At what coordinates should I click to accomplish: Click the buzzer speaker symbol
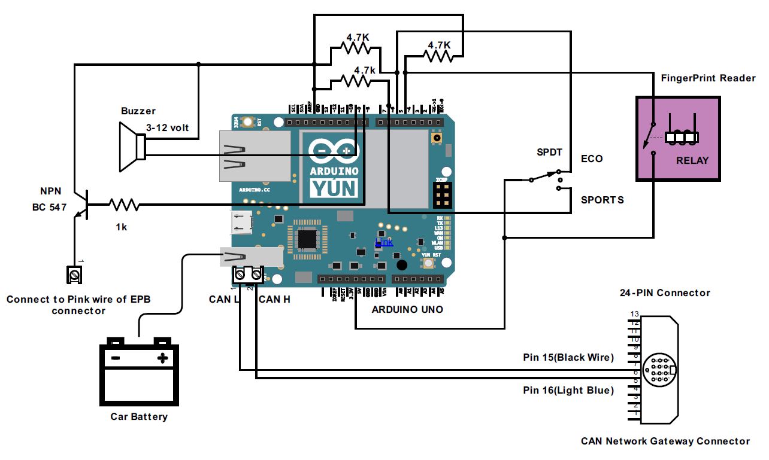[x=131, y=147]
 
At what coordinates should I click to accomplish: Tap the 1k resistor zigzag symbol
[x=125, y=205]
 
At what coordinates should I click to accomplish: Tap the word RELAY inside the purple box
[x=692, y=160]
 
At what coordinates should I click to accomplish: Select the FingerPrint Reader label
[x=708, y=78]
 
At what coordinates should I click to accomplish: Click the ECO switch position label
[x=592, y=159]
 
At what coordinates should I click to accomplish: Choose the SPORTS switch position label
[x=602, y=200]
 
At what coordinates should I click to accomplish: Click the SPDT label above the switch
[x=550, y=153]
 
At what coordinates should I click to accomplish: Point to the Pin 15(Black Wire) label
[x=568, y=358]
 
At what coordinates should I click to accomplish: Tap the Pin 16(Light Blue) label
[x=568, y=391]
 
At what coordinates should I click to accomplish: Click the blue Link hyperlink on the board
[x=384, y=242]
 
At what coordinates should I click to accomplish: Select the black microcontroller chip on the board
[x=307, y=239]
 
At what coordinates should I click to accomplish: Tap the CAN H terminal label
[x=274, y=298]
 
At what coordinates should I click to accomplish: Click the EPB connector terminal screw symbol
[x=74, y=275]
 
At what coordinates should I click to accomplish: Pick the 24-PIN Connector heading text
[x=665, y=293]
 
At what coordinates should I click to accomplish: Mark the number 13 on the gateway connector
[x=634, y=314]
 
